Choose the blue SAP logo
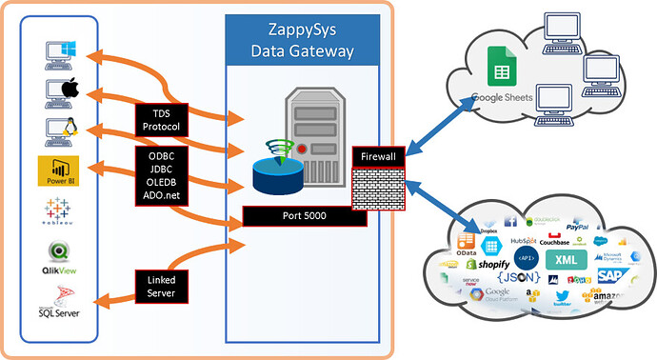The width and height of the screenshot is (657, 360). pyautogui.click(x=611, y=276)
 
